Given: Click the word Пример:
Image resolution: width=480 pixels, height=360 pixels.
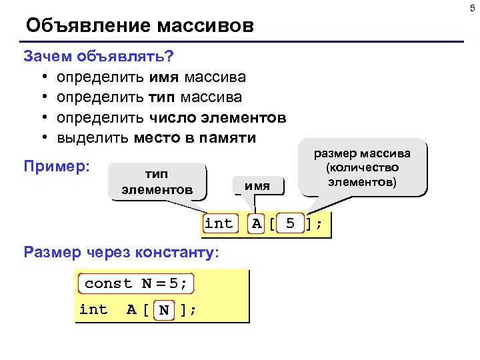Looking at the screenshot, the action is point(57,165).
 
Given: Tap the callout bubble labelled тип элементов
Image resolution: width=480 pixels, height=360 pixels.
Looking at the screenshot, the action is point(157,181).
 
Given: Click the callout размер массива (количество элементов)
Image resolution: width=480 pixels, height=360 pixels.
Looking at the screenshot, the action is point(363,167).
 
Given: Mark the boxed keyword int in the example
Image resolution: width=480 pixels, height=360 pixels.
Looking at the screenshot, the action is point(219,224).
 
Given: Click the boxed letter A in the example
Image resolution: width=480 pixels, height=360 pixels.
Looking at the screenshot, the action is point(257,224).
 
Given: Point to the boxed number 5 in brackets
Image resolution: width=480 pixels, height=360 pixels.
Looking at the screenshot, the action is point(290,224).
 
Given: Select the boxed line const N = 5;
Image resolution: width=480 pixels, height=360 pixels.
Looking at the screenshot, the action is point(136,283).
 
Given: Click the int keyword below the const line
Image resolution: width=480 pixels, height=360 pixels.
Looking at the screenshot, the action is point(93,309).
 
